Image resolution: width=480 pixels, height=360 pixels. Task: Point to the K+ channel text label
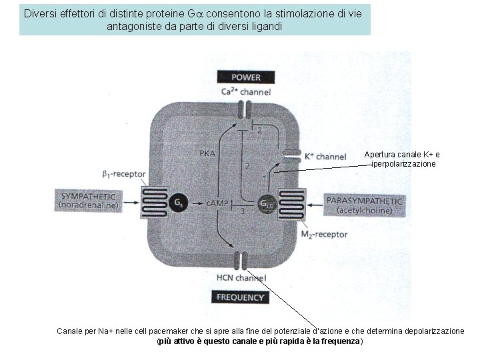(325, 157)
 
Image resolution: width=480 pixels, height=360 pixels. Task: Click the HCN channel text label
(241, 278)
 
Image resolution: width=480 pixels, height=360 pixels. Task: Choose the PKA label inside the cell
(208, 153)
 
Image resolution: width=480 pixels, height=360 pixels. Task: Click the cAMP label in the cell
(218, 202)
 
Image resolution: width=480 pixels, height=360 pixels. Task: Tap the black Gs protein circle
(179, 202)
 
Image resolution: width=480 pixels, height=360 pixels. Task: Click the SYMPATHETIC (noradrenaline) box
(91, 201)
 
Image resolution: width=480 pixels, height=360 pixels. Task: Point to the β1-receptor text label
(124, 174)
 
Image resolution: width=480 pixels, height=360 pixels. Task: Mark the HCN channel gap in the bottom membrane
(241, 259)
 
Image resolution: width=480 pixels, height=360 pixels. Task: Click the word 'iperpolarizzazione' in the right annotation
(404, 163)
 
